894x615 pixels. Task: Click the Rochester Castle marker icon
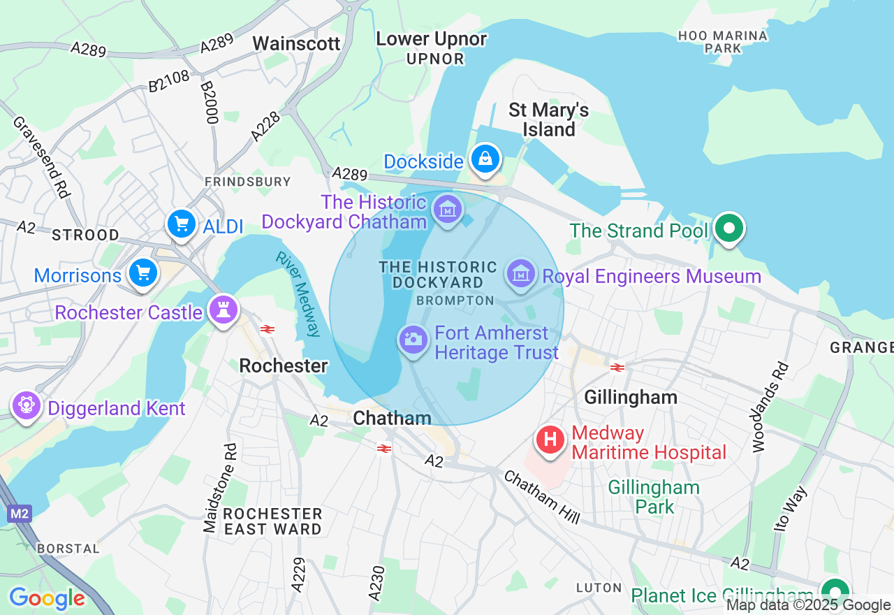coord(223,310)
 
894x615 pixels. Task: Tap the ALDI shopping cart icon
coord(182,224)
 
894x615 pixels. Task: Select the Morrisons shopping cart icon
coord(143,273)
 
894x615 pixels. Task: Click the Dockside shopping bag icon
coord(485,159)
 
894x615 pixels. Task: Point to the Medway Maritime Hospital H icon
coord(550,440)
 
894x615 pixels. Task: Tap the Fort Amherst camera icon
coord(413,340)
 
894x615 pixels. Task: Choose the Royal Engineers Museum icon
coord(521,273)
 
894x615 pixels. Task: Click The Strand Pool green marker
coord(729,229)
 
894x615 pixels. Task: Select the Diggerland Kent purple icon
coord(27,405)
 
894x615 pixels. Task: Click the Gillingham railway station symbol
coord(617,367)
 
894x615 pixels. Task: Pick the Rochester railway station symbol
coord(267,329)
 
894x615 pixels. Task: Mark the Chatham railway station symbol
coord(383,448)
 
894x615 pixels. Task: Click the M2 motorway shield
coord(20,514)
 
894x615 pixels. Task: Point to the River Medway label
coord(299,294)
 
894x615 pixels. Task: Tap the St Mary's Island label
coord(549,120)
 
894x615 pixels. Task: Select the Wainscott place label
coord(296,43)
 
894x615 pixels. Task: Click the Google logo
coord(47,598)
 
